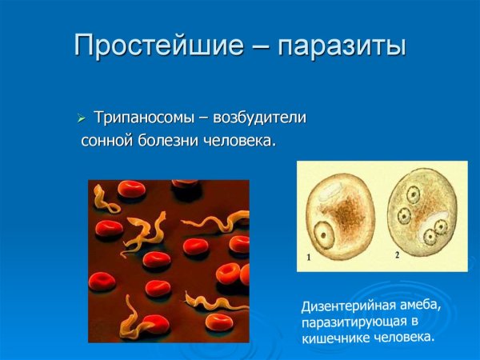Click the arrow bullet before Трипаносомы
[80, 119]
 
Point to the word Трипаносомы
[141, 118]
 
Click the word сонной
[108, 141]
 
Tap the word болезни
[169, 141]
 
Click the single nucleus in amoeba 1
[325, 234]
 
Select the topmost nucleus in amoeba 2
[413, 194]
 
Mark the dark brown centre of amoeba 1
[347, 212]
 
